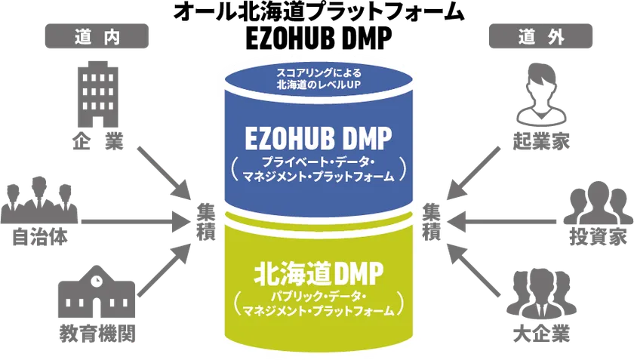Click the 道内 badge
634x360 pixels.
coord(97,36)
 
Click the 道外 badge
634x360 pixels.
coord(540,36)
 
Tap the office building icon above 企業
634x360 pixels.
coord(98,94)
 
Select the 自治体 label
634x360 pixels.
coord(39,236)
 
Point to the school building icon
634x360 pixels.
coord(97,291)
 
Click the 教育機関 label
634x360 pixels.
coord(97,334)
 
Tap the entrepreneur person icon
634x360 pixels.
coord(541,94)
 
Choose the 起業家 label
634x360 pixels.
coord(541,142)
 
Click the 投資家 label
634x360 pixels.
coord(598,236)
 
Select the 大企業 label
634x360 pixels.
coord(541,334)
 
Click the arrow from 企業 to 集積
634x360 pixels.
coord(164,173)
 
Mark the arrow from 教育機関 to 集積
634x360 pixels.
coord(164,269)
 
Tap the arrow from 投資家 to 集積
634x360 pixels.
coord(500,221)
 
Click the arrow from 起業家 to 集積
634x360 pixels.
coord(473,173)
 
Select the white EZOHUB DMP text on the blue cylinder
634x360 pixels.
coord(319,138)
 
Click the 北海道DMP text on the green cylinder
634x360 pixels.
coord(319,273)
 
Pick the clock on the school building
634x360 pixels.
coord(97,279)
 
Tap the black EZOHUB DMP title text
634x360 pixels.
coord(319,38)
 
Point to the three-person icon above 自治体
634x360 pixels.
coord(38,200)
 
